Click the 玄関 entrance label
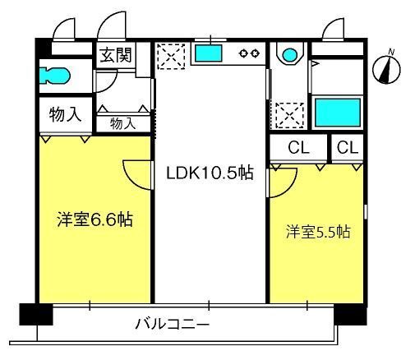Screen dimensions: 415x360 coord(116,55)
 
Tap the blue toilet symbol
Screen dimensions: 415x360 coord(54,76)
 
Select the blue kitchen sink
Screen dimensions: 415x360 coord(209,53)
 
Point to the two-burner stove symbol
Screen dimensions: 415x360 coord(249,53)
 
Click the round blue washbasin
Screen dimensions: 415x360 coord(290,55)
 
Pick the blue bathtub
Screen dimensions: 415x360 coord(338,113)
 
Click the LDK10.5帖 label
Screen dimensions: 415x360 coord(210,173)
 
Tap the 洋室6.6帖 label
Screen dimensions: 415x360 coord(95,219)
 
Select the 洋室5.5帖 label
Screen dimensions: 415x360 coord(318,232)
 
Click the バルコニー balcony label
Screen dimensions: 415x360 coord(173,324)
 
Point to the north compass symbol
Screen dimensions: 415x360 coord(386,67)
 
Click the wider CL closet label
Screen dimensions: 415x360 coord(298,147)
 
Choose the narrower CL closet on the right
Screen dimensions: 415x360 coord(348,147)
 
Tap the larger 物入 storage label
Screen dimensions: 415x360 coord(65,114)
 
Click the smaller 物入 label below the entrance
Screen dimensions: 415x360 coord(122,123)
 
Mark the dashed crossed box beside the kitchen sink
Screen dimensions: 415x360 coord(171,57)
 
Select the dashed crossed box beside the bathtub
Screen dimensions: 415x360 coord(290,115)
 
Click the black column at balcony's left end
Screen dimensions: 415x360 coord(36,314)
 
